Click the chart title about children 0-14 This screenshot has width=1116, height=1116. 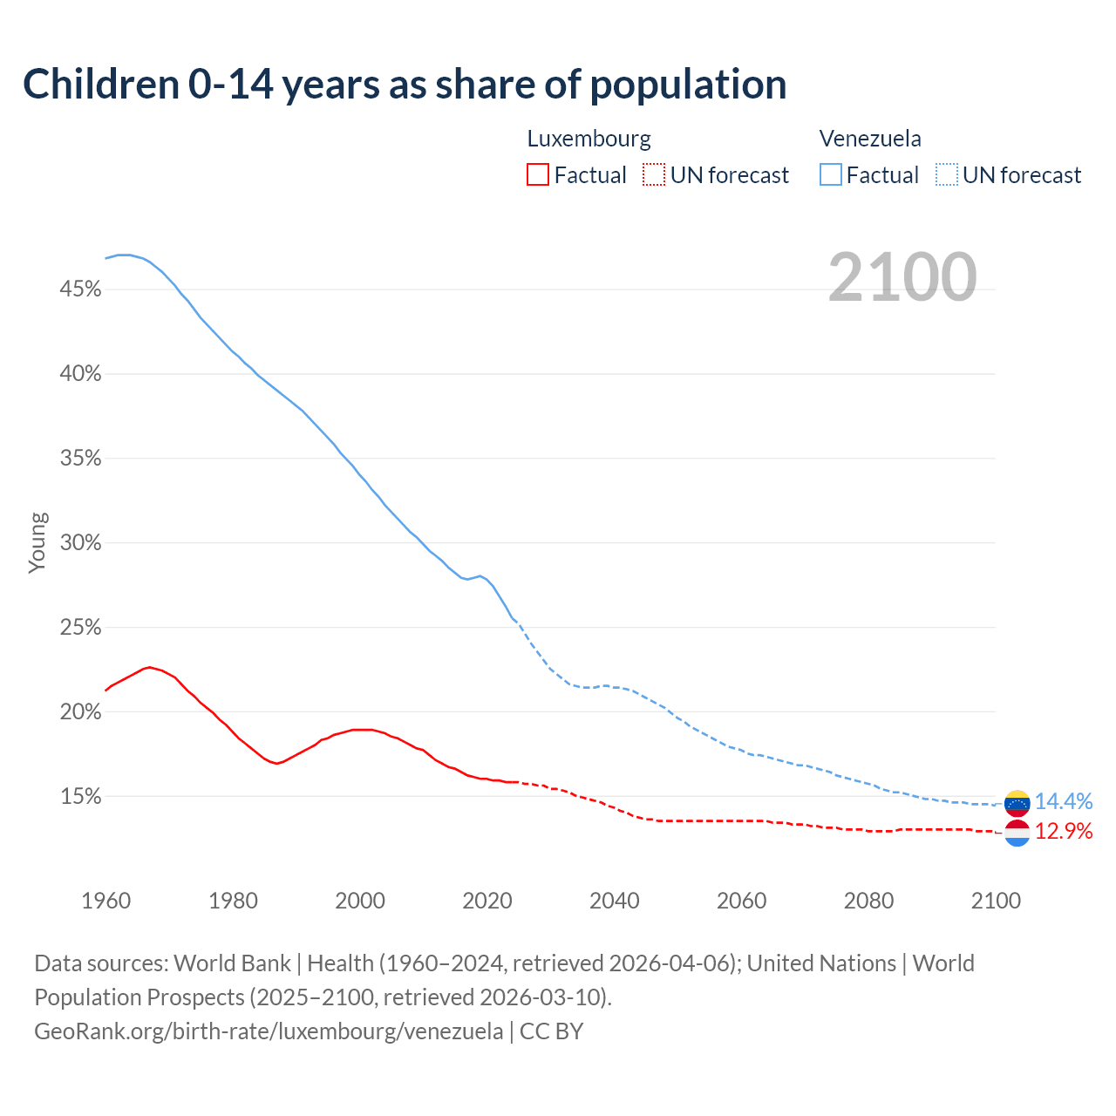405,85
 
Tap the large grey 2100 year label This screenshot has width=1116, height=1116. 902,277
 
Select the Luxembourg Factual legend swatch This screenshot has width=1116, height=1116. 538,175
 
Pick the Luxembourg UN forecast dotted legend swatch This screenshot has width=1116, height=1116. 654,175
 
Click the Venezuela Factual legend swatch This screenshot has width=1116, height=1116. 831,175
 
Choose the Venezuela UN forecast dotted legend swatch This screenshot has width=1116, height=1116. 947,175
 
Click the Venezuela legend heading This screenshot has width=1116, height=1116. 870,139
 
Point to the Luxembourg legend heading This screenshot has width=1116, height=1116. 589,139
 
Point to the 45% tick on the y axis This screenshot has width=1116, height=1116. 80,289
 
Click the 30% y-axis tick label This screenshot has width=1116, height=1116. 80,543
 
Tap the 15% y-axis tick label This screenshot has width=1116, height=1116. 80,797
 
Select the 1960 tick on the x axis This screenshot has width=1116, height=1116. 106,901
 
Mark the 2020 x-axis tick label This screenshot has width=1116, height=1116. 487,901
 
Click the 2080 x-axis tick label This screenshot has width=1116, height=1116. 868,901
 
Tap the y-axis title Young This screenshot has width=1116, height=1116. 37,542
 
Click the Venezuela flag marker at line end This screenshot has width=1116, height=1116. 1017,802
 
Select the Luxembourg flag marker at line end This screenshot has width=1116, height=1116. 1017,834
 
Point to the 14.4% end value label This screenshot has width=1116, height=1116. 1064,801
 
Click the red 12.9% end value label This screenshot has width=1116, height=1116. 1064,832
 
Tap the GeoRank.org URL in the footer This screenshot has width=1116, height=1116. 269,1031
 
